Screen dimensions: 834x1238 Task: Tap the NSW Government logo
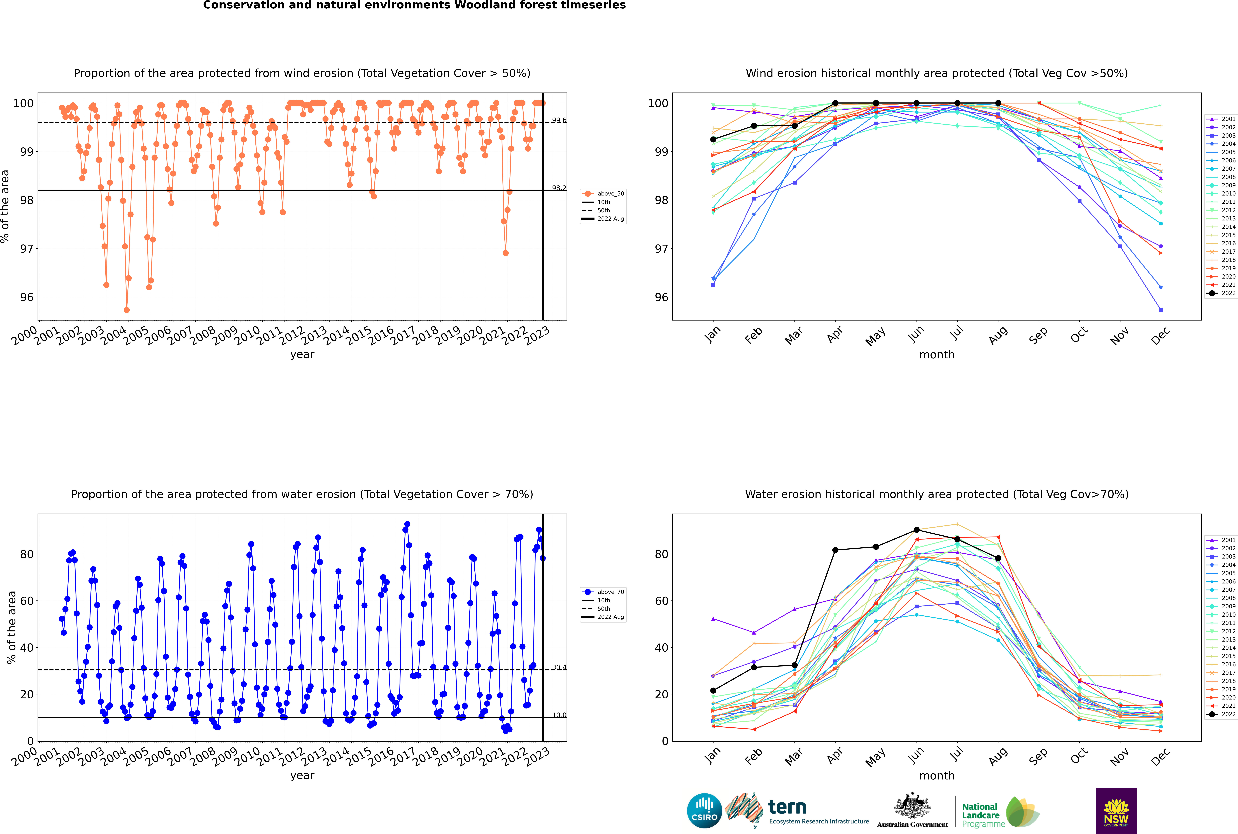point(1116,810)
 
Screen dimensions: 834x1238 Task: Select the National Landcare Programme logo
point(1000,812)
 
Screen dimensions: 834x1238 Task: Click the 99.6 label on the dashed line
point(559,120)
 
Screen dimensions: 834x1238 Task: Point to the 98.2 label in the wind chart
point(559,188)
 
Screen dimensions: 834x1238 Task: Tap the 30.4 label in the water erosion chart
point(559,668)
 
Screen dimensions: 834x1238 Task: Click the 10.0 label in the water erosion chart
point(559,715)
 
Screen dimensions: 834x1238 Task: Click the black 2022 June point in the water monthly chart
point(917,530)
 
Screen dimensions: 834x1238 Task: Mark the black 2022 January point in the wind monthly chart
point(713,139)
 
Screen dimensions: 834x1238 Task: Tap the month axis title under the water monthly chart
point(937,776)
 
